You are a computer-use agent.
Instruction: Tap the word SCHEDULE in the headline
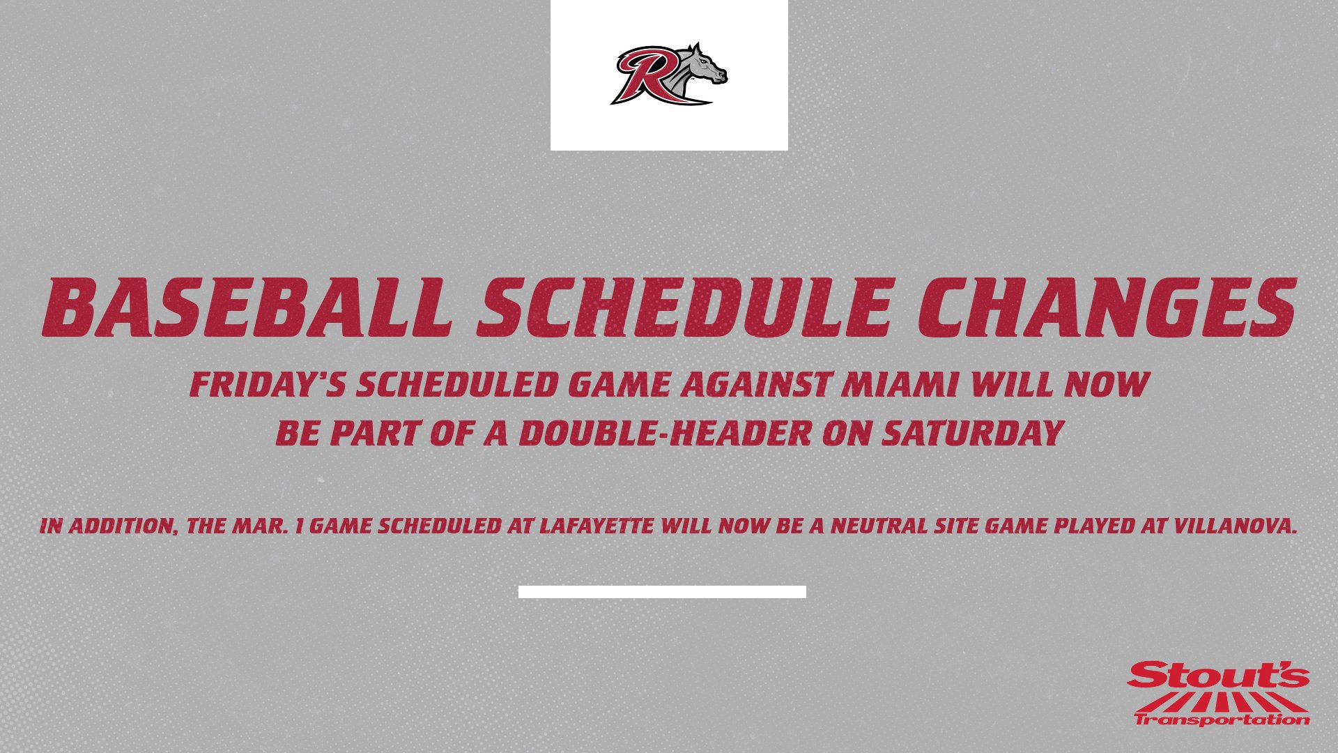[x=683, y=307]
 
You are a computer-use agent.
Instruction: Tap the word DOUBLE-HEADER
[x=665, y=433]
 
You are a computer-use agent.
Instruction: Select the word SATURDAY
[x=972, y=433]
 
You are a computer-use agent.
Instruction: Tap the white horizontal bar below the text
[x=662, y=592]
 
